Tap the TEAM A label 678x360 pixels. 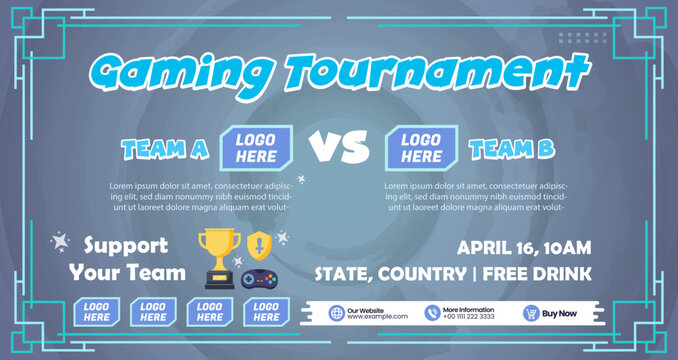pyautogui.click(x=165, y=150)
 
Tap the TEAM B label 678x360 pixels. pyautogui.click(x=511, y=150)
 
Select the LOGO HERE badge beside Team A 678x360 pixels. pyautogui.click(x=256, y=148)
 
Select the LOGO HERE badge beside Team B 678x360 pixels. pyautogui.click(x=421, y=148)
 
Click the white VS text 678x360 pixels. pyautogui.click(x=338, y=148)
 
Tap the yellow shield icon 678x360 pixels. pyautogui.click(x=258, y=244)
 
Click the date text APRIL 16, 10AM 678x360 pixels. pyautogui.click(x=524, y=247)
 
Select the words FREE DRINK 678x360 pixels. pyautogui.click(x=545, y=273)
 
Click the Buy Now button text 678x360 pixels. pyautogui.click(x=559, y=313)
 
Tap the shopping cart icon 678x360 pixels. pyautogui.click(x=531, y=313)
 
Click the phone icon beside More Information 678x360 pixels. pyautogui.click(x=432, y=313)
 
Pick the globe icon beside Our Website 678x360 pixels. pyautogui.click(x=336, y=313)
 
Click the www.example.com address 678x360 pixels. pyautogui.click(x=377, y=317)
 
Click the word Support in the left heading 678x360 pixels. pyautogui.click(x=125, y=245)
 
